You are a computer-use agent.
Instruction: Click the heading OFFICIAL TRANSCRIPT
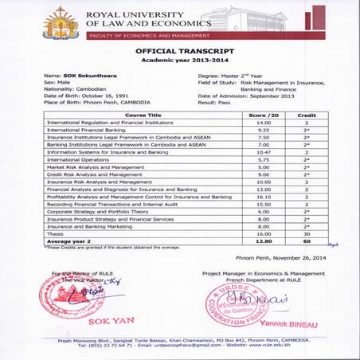pyautogui.click(x=179, y=50)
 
